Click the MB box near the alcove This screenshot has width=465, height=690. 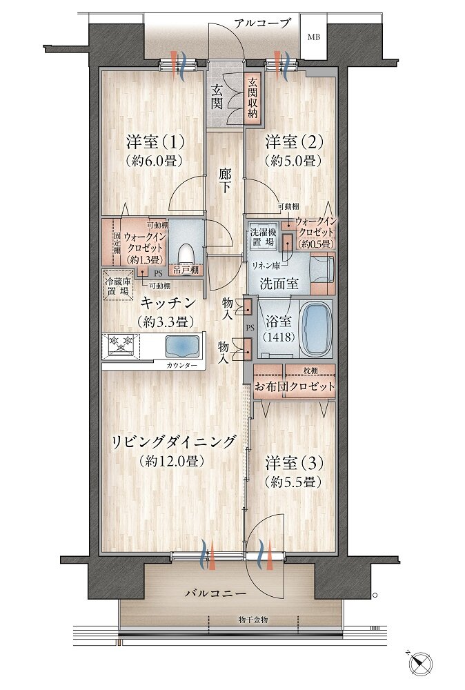coord(313,37)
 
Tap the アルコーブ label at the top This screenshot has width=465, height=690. coord(262,23)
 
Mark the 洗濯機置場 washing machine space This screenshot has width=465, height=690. coord(263,239)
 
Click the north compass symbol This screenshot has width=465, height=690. coord(420,664)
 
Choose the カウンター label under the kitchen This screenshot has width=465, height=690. coord(181,364)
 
